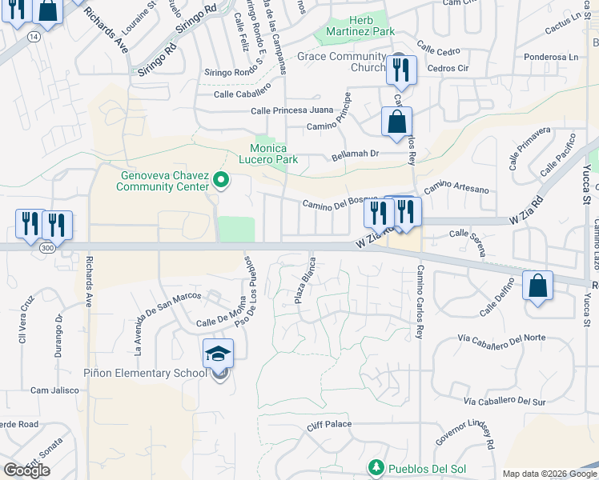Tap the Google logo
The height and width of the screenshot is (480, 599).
click(26, 470)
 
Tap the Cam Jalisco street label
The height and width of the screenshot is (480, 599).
click(54, 390)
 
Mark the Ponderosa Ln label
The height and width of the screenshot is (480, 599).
click(551, 57)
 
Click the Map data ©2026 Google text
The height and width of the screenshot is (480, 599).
click(549, 473)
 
